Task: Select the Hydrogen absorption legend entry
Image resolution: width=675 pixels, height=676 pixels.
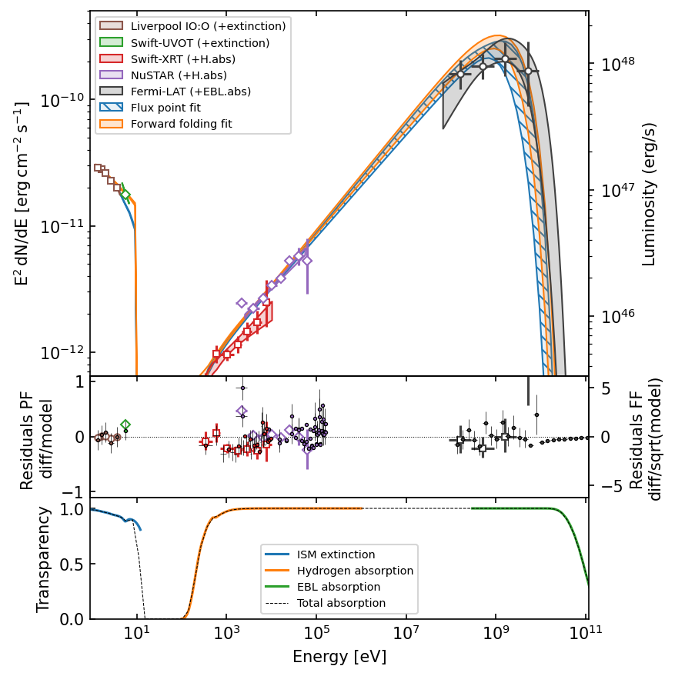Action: coord(355,571)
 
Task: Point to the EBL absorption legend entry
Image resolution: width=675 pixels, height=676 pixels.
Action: coord(341,587)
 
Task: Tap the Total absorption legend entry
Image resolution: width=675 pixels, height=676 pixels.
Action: coord(341,603)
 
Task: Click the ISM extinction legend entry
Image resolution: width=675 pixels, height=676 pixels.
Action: coord(336,554)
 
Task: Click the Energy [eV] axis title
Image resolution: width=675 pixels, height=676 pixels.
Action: coord(339,658)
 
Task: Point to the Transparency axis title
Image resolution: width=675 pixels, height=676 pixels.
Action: coord(44,559)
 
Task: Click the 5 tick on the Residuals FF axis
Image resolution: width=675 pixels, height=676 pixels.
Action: coord(605,389)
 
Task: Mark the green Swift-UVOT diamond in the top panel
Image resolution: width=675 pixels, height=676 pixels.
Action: coord(125,195)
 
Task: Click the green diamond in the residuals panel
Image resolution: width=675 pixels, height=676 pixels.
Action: coord(125,425)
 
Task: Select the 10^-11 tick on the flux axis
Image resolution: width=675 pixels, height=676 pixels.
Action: coord(65,227)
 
